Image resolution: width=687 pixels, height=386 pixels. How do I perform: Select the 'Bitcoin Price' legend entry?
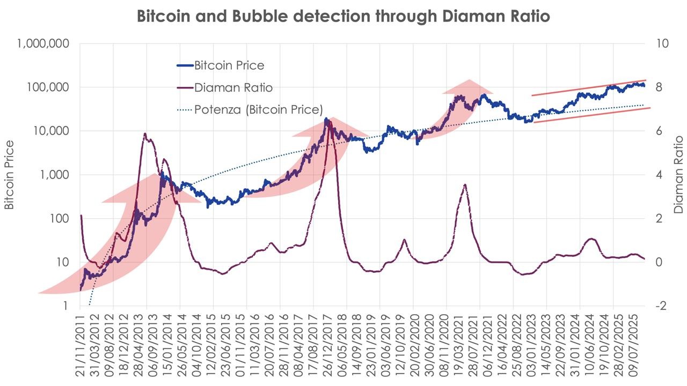[x=229, y=65]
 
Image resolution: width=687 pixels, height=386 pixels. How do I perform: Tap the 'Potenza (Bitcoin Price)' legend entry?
[x=258, y=109]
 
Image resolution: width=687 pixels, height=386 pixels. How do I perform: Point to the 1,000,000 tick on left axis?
[x=43, y=44]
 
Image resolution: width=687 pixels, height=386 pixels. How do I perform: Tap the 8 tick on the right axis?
[x=662, y=87]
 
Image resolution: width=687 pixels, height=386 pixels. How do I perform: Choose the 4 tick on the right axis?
[x=662, y=175]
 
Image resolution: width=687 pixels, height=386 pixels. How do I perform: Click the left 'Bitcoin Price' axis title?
[x=10, y=175]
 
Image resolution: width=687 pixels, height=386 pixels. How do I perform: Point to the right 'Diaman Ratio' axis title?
[x=678, y=175]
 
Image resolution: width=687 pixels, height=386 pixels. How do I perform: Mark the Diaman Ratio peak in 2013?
[x=145, y=134]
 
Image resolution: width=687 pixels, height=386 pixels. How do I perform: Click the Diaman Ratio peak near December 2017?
[x=329, y=122]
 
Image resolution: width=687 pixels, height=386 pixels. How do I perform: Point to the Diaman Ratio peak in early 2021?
[x=464, y=184]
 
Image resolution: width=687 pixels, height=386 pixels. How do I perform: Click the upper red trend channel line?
[x=590, y=87]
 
